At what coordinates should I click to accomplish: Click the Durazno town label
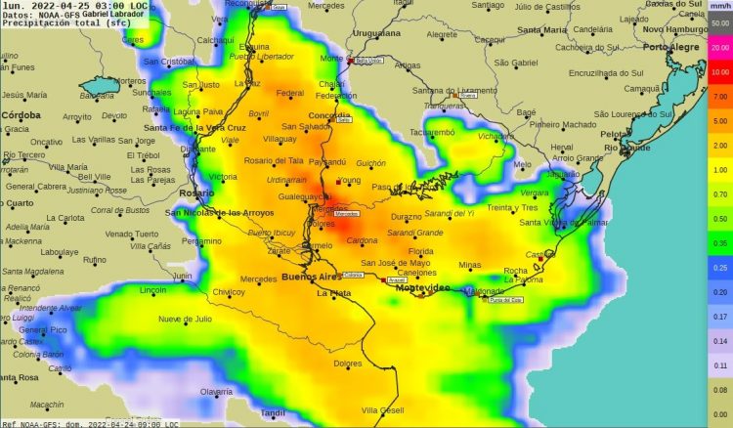click(x=406, y=216)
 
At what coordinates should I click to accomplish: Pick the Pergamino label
click(x=201, y=240)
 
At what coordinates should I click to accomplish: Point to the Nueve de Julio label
click(x=185, y=319)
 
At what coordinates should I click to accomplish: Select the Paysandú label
click(x=326, y=161)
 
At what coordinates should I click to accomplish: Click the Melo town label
click(x=524, y=164)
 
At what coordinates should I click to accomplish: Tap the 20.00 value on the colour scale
click(x=721, y=47)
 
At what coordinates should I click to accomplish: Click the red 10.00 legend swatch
click(x=721, y=71)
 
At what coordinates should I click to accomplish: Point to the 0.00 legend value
click(x=721, y=414)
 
